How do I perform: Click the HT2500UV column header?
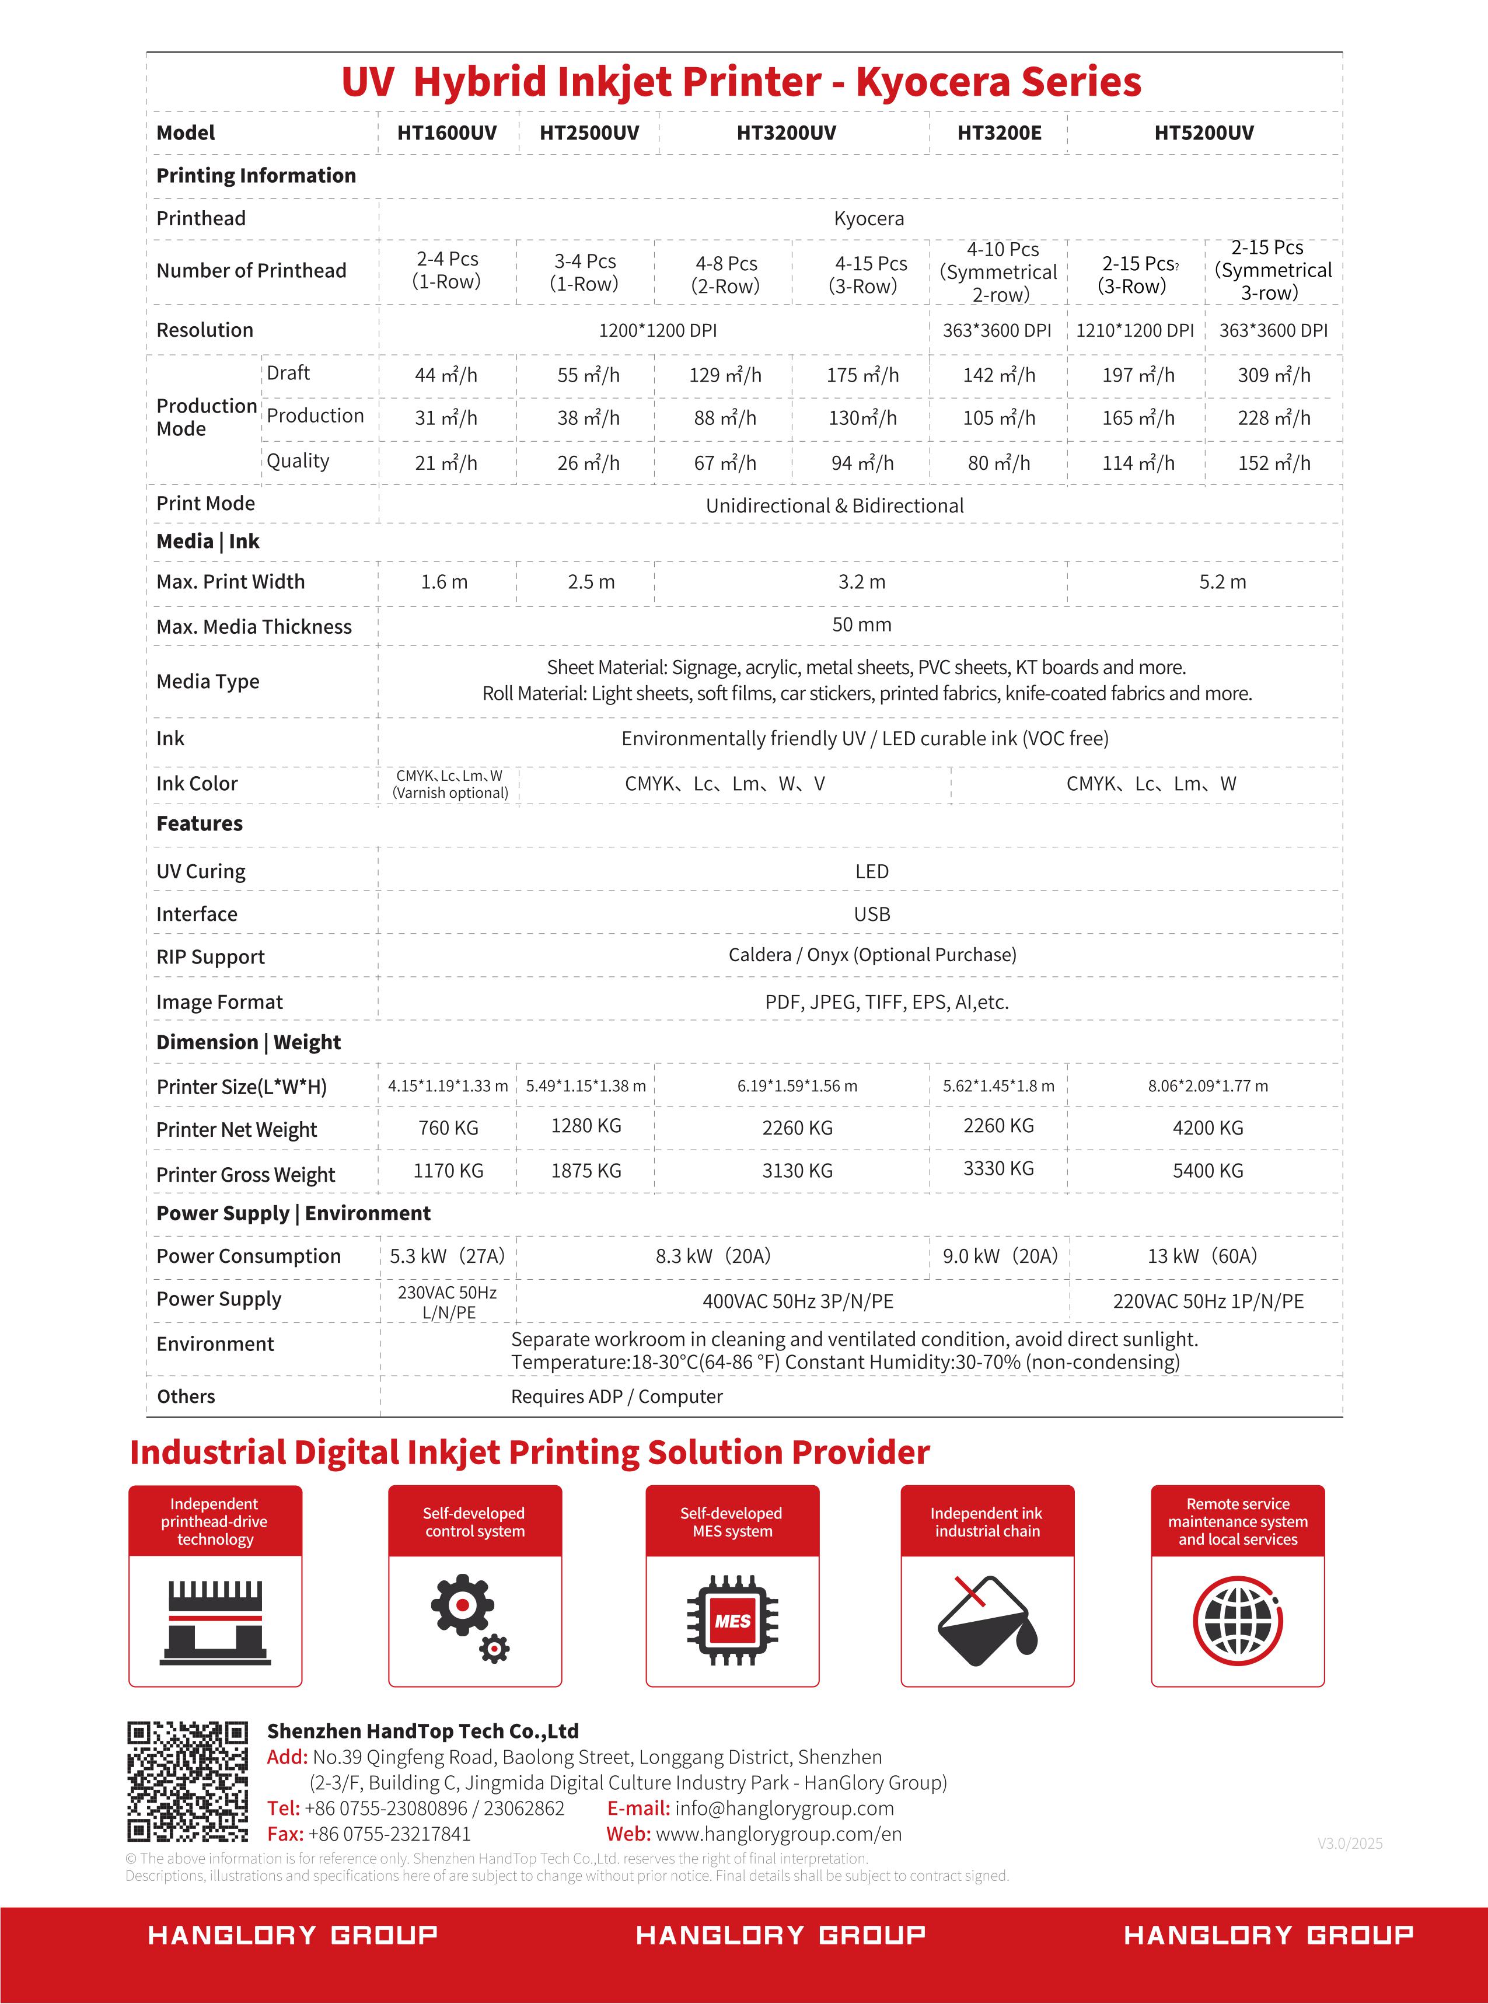click(589, 133)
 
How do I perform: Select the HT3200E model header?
click(999, 133)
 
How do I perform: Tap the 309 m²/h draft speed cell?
click(1274, 375)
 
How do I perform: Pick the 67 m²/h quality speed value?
click(725, 463)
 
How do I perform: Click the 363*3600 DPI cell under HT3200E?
click(997, 330)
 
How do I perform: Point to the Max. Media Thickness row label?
click(254, 627)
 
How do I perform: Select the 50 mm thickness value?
click(861, 625)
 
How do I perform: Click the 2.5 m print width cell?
click(591, 582)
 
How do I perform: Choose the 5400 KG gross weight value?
click(1207, 1171)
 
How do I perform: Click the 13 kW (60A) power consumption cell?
click(1201, 1255)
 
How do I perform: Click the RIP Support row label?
click(211, 956)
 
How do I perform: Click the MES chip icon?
click(732, 1621)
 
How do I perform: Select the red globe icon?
click(1238, 1621)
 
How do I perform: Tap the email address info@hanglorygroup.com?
click(784, 1809)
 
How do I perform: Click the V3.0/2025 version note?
click(1349, 1844)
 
